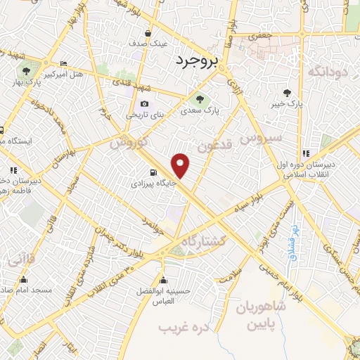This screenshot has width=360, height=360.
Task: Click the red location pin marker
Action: [x=181, y=165]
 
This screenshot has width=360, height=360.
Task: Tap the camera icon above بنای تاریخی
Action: [x=144, y=104]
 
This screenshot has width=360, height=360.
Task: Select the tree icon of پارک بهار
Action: [x=26, y=70]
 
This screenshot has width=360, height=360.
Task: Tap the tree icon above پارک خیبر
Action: [x=287, y=93]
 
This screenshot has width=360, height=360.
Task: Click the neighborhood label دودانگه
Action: [x=324, y=71]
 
